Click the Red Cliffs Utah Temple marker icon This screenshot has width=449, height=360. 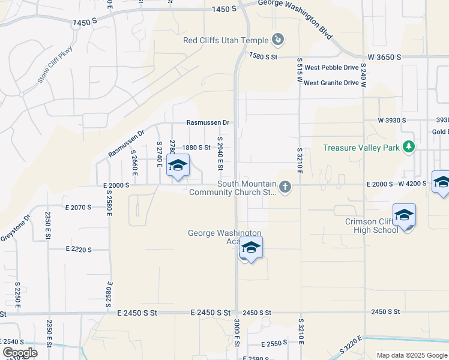(277, 40)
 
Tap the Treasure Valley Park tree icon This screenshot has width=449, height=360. (409, 147)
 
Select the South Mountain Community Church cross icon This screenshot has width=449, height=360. (285, 188)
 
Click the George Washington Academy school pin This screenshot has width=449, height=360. (251, 248)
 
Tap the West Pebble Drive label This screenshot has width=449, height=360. (331, 68)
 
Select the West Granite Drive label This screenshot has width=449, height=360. (331, 83)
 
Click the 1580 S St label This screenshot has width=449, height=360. (264, 56)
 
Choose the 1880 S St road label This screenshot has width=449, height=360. (196, 147)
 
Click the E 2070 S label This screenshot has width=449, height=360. (71, 207)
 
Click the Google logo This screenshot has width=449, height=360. (20, 353)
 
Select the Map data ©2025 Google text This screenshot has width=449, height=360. (411, 355)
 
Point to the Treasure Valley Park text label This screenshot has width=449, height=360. (361, 148)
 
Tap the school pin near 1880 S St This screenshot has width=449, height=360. (178, 166)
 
